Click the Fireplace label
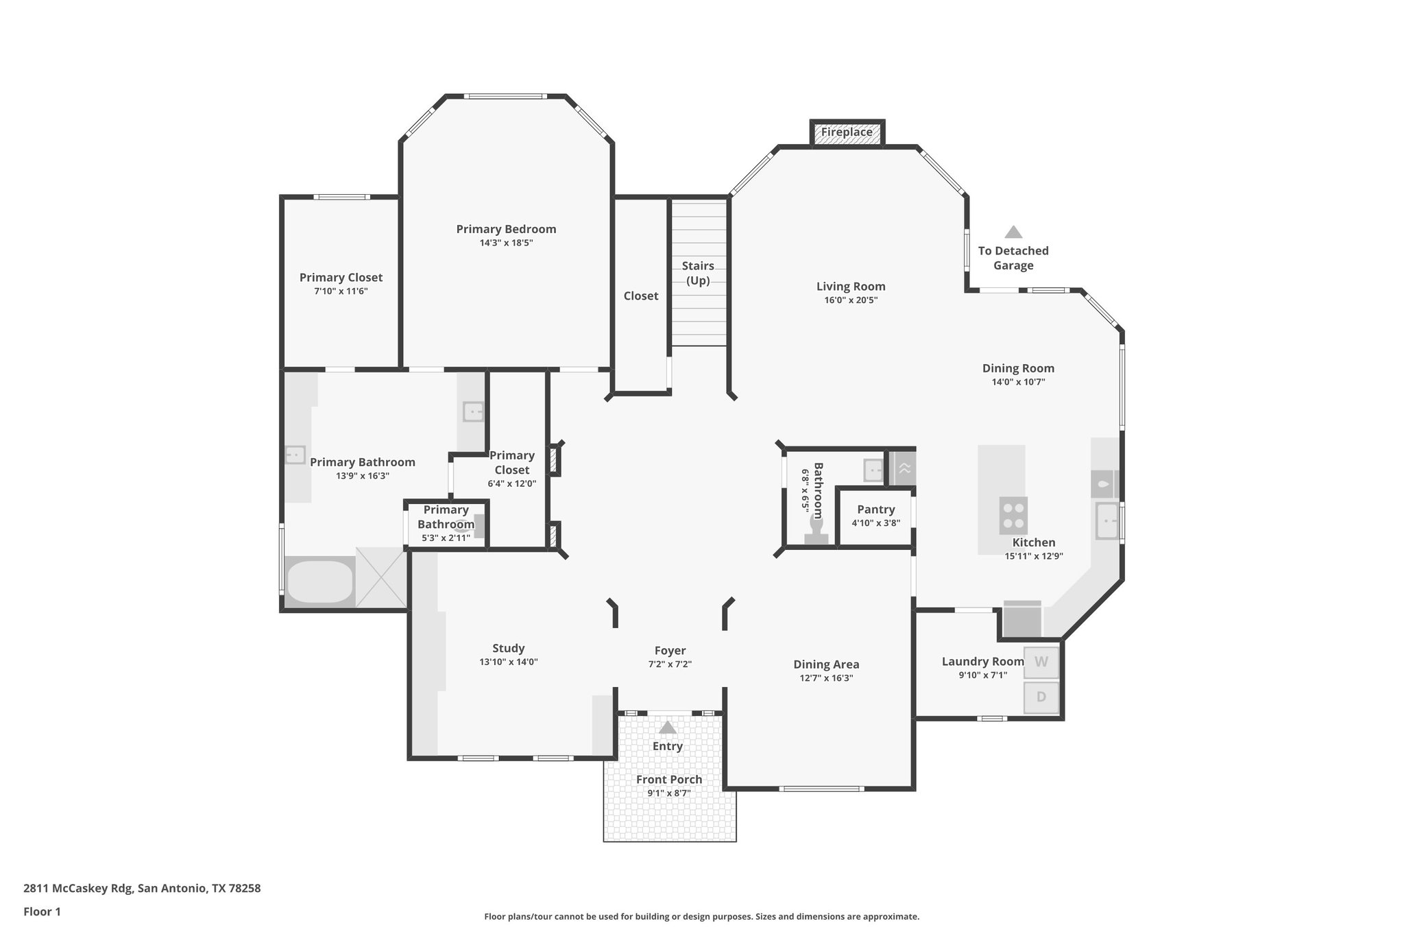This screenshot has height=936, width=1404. pyautogui.click(x=847, y=132)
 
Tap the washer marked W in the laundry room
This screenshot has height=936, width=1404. pyautogui.click(x=1041, y=662)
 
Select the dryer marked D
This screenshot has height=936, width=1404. pyautogui.click(x=1041, y=697)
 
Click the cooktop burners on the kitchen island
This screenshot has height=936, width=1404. pyautogui.click(x=1013, y=516)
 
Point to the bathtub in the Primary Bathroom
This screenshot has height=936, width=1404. pyautogui.click(x=319, y=582)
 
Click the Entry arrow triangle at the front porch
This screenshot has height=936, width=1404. pyautogui.click(x=667, y=728)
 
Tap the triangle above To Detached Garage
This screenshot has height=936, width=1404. pyautogui.click(x=1013, y=232)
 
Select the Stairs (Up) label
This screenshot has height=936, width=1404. pyautogui.click(x=698, y=273)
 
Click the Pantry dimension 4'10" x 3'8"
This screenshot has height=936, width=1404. pyautogui.click(x=875, y=523)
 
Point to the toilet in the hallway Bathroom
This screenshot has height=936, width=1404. pyautogui.click(x=816, y=532)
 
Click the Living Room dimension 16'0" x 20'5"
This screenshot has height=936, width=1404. pyautogui.click(x=851, y=300)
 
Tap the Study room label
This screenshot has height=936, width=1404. pyautogui.click(x=508, y=649)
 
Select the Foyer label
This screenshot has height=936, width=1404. pyautogui.click(x=670, y=651)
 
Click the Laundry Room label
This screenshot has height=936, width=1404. pyautogui.click(x=982, y=662)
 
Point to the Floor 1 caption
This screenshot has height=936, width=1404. pyautogui.click(x=42, y=911)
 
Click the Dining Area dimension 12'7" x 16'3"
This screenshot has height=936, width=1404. pyautogui.click(x=826, y=678)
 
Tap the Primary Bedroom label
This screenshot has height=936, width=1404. pyautogui.click(x=506, y=229)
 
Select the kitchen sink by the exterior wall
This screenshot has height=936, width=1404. pyautogui.click(x=1106, y=521)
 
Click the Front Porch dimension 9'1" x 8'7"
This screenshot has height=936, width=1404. pyautogui.click(x=668, y=793)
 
